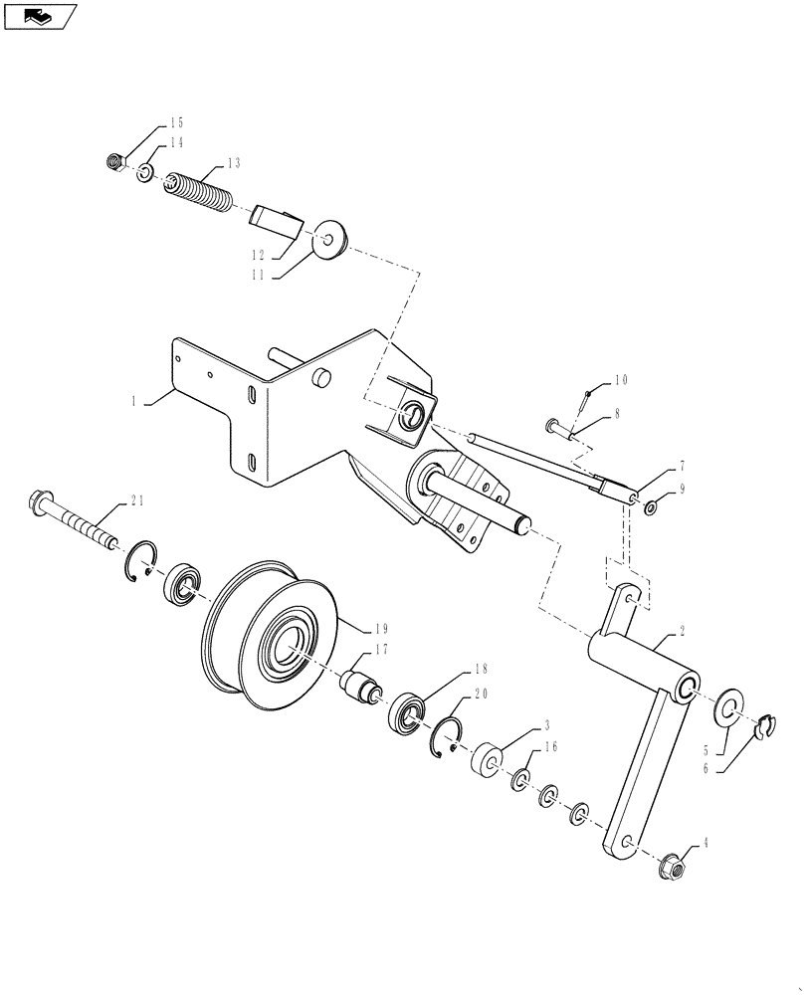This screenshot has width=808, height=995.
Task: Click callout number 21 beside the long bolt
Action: pyautogui.click(x=135, y=501)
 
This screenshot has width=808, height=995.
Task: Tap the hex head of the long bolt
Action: pyautogui.click(x=42, y=499)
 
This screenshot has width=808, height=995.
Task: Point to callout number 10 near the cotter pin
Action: pyautogui.click(x=621, y=380)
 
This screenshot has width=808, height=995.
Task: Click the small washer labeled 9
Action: pyautogui.click(x=649, y=509)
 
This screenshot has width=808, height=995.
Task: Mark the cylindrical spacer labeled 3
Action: pyautogui.click(x=489, y=760)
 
